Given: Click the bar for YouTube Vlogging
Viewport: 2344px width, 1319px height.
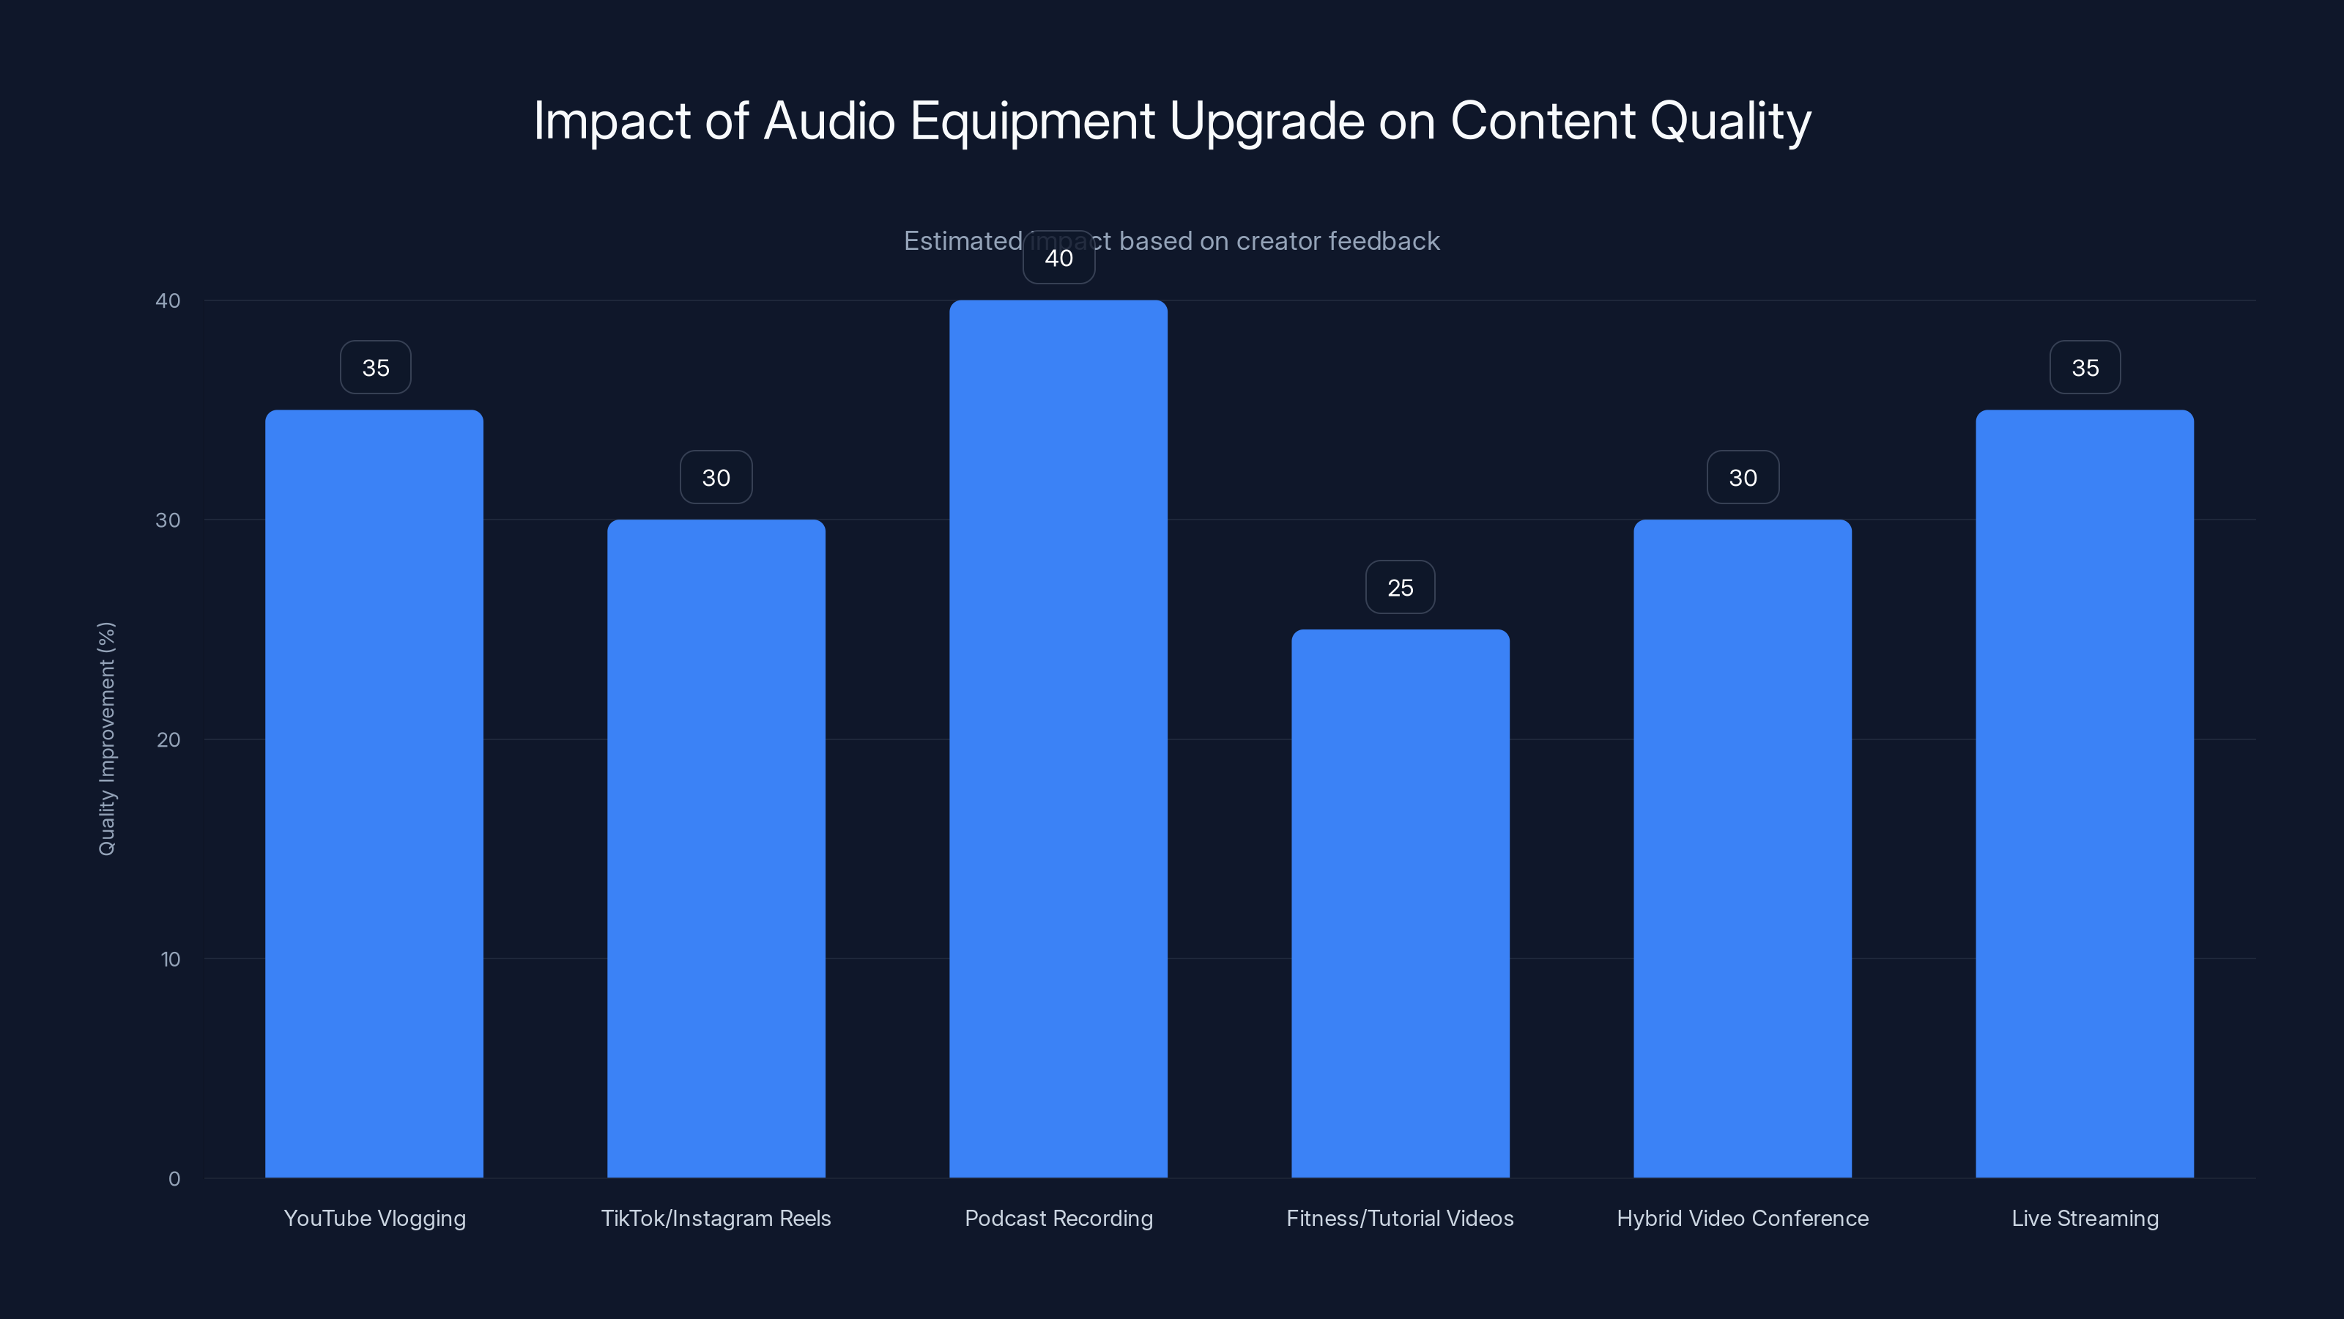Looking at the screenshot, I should point(374,793).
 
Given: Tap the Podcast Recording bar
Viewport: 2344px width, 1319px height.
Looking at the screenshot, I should point(1058,738).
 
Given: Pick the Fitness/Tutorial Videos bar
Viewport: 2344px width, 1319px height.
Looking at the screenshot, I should point(1401,902).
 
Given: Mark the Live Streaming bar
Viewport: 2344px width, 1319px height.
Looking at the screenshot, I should point(2085,793).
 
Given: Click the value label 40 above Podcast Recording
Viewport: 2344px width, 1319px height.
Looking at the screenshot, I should point(1058,258).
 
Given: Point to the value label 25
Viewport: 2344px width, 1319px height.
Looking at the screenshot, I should point(1401,587).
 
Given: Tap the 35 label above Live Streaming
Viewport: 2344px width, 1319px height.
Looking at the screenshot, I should point(2085,368).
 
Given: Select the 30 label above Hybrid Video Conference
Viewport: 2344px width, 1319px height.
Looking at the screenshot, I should point(1743,478).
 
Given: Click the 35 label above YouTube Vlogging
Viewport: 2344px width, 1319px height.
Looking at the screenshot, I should point(376,368).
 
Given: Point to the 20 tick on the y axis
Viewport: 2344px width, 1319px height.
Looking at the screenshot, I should point(168,739).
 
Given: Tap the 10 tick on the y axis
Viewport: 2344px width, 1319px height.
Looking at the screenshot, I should point(170,958).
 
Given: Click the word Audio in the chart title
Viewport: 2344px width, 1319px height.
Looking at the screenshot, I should point(829,121).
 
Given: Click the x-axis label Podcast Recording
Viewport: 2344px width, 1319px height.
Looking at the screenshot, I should point(1058,1218).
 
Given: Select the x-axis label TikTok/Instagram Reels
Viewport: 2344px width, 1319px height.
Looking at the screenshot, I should point(716,1218).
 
